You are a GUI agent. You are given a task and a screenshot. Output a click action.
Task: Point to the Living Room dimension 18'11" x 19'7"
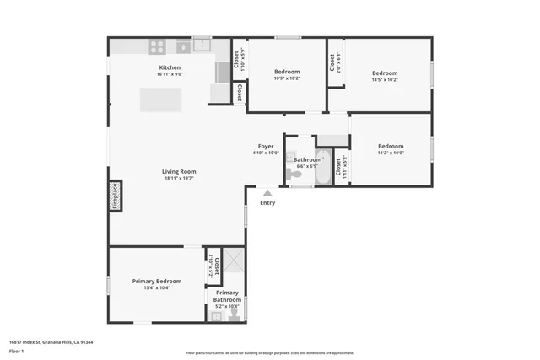179,179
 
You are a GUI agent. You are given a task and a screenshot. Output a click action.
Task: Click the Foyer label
265,146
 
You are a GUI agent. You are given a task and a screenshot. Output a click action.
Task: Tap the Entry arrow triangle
267,193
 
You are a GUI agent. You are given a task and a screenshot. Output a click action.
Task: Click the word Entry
267,202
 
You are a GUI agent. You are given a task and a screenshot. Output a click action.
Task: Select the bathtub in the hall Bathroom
324,173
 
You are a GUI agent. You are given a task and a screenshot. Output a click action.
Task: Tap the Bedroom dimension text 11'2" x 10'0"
390,153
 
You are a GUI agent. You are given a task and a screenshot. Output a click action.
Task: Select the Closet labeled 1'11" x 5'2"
339,168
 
